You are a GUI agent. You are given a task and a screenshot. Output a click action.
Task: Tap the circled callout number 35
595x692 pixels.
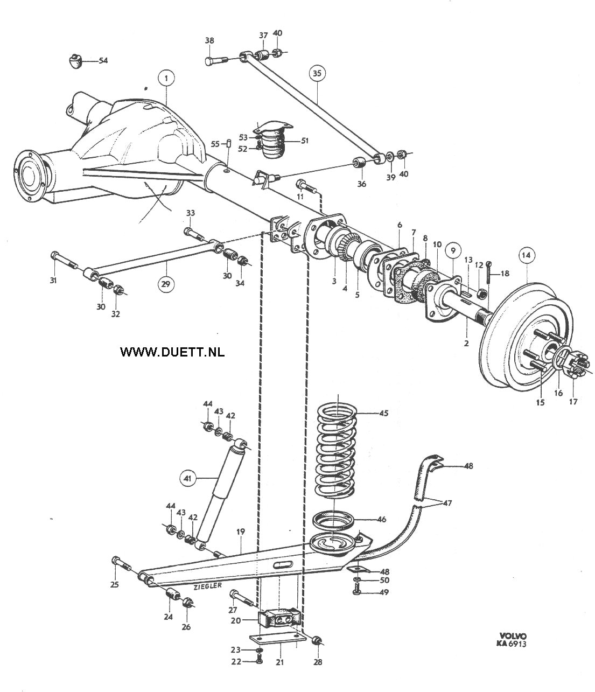(x=317, y=73)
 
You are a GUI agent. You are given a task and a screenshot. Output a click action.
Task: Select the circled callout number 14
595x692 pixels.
(x=526, y=255)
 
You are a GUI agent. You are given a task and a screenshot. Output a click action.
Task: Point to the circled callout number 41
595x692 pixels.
(x=187, y=478)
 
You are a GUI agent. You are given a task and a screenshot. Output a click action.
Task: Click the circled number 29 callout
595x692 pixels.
(x=166, y=284)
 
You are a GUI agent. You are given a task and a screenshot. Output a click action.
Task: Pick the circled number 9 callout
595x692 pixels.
(x=453, y=250)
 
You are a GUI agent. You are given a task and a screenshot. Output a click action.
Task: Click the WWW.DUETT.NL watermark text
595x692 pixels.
(x=172, y=352)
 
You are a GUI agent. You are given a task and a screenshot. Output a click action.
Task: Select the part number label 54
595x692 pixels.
(x=103, y=61)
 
